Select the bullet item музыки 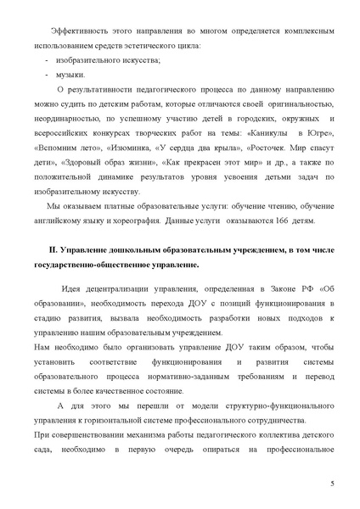[x=73, y=75]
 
